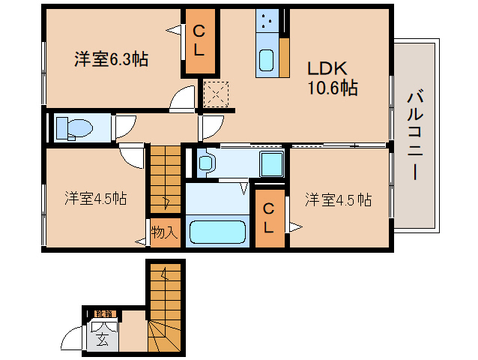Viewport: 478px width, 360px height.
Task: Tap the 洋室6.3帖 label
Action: pyautogui.click(x=110, y=59)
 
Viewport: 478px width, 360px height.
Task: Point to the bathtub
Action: pyautogui.click(x=217, y=231)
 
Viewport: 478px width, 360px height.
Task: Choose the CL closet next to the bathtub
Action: pyautogui.click(x=269, y=217)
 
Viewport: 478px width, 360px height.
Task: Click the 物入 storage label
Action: pyautogui.click(x=164, y=232)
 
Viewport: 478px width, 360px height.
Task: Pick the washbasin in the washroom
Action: pyautogui.click(x=206, y=161)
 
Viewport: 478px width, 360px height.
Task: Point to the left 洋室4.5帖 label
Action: pyautogui.click(x=94, y=199)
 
